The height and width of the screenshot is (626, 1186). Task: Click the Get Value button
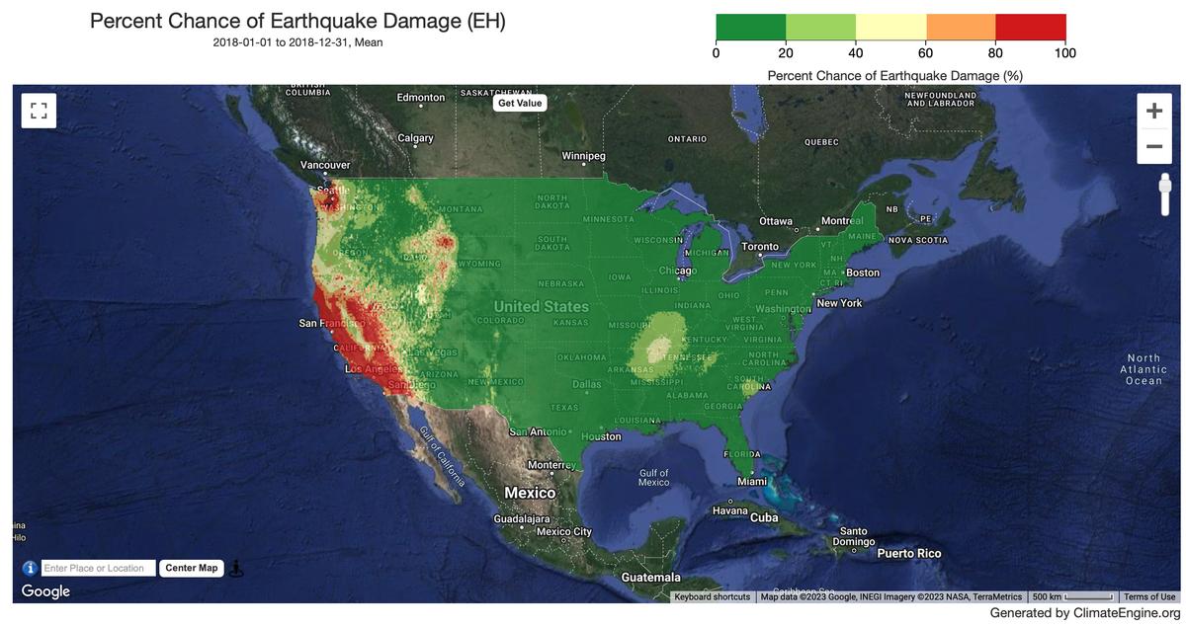pos(520,103)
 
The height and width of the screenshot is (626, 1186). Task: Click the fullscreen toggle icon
pos(39,111)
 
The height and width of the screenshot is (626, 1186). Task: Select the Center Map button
pos(192,568)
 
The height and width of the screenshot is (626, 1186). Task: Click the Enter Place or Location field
pos(99,568)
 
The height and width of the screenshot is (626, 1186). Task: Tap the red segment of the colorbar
pos(1031,27)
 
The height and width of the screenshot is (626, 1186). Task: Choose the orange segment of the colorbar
pos(961,27)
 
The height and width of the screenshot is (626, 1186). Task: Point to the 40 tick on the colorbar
pos(856,53)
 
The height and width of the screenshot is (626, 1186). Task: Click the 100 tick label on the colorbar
pos(1064,53)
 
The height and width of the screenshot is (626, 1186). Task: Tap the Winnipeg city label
pos(583,156)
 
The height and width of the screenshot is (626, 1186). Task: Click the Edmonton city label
pos(421,97)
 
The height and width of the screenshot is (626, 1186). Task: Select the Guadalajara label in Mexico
pos(521,518)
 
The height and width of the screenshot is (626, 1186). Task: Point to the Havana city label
pos(730,510)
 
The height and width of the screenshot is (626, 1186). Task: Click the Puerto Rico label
pos(909,554)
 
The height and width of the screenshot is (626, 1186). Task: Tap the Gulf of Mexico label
pos(654,478)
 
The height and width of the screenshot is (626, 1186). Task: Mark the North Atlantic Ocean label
pos(1144,369)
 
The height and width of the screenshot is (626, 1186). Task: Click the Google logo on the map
pos(45,591)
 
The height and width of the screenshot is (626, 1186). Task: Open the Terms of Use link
pos(1149,596)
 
